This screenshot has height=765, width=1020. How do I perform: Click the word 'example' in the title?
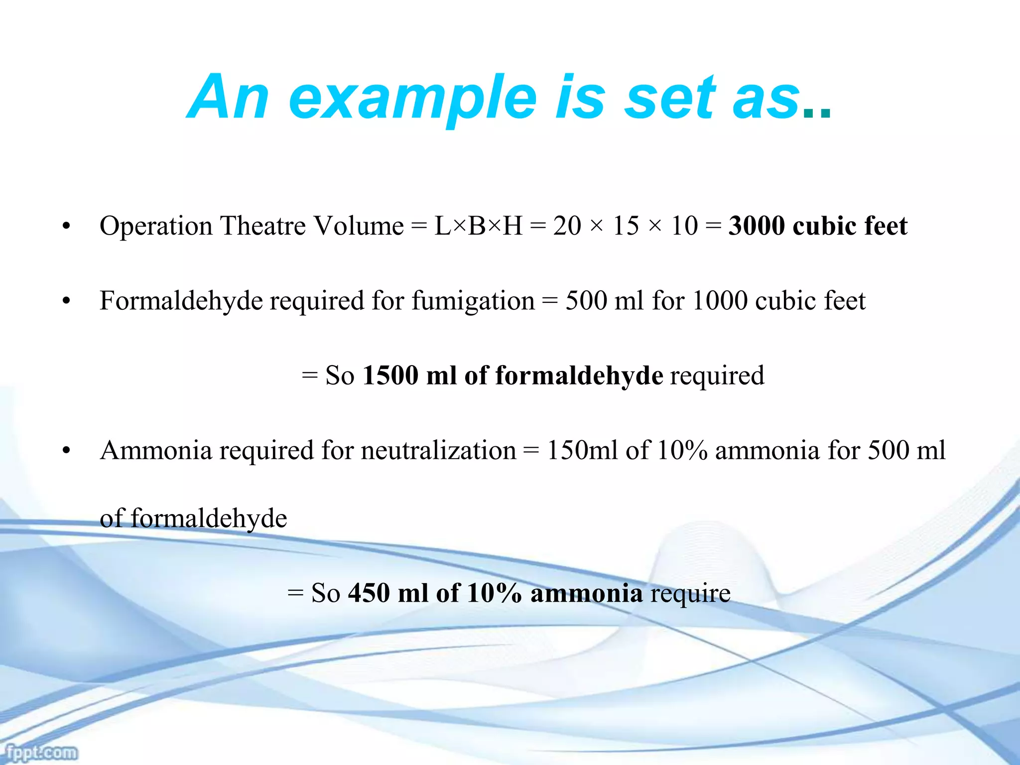[412, 98]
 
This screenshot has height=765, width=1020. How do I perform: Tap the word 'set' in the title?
[669, 98]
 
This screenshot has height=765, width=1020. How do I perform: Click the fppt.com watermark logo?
[42, 752]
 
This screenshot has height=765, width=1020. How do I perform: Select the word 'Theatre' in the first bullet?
[263, 226]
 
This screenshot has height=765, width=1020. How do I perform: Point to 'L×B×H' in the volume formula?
[478, 226]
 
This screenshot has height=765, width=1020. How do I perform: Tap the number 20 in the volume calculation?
[567, 226]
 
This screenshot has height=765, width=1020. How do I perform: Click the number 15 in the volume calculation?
[626, 226]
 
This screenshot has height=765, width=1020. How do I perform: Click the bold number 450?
[369, 593]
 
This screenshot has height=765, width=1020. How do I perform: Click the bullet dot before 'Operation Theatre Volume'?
[66, 227]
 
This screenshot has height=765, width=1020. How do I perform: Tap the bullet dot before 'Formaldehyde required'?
[66, 302]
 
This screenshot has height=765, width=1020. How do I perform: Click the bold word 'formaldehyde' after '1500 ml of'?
[579, 376]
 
